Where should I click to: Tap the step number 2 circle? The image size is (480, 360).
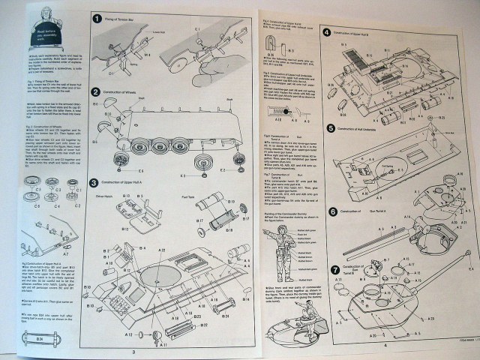coord(97,92)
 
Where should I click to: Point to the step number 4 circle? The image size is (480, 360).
coord(327,32)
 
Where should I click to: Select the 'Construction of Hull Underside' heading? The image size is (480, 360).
coord(365,128)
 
